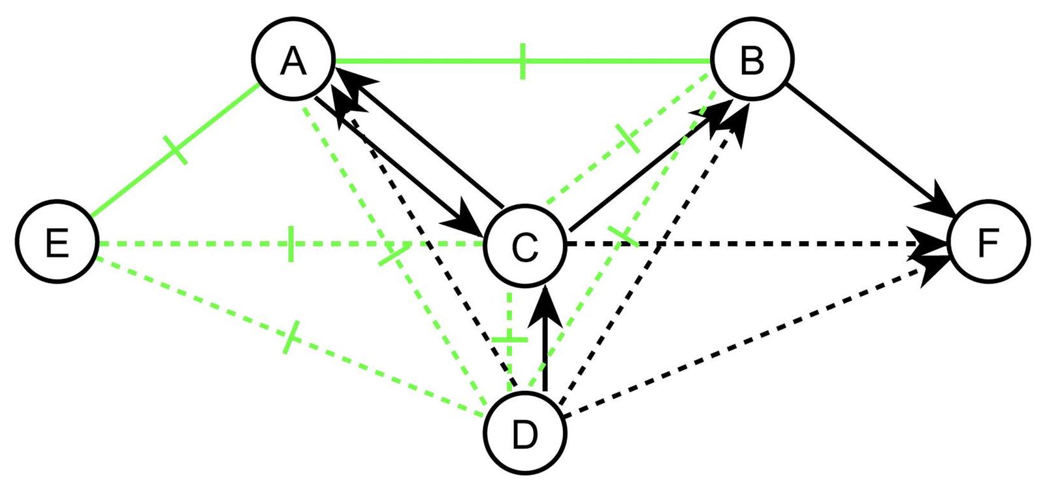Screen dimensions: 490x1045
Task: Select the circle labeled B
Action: [752, 61]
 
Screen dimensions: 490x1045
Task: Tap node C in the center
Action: [524, 246]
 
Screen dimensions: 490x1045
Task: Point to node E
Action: [57, 244]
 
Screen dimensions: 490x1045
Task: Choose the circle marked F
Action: [988, 242]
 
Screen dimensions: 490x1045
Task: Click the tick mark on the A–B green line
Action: [522, 61]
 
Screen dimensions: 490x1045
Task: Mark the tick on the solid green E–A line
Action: [176, 150]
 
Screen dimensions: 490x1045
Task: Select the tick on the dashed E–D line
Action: [291, 337]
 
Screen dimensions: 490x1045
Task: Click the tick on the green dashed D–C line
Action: [509, 340]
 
